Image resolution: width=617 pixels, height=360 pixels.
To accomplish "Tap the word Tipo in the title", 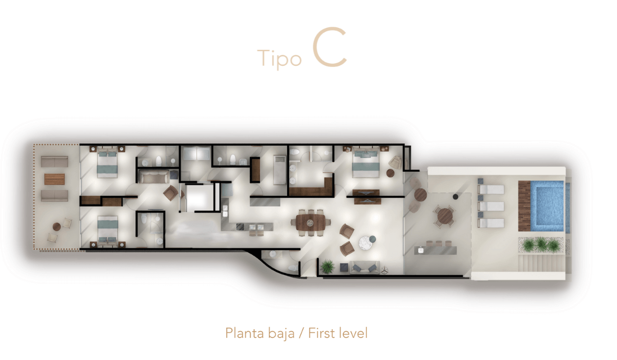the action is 279,59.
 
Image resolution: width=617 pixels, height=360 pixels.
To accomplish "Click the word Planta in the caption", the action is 245,333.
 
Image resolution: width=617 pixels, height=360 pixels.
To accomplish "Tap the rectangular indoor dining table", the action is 311,223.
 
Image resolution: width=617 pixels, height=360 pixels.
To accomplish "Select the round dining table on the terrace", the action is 445,216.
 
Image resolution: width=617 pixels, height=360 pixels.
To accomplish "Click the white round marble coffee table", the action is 366,243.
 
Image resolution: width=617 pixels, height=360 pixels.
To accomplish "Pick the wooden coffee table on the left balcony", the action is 55,179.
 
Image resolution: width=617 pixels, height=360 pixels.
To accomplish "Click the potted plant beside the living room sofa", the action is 327,266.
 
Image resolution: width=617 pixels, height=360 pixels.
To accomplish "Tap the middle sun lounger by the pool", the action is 491,206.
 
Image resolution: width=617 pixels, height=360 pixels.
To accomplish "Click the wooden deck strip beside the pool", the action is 524,206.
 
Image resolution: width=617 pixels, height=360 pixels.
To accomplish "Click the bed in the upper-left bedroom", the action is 107,162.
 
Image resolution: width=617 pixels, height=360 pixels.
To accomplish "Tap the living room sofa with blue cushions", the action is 365,267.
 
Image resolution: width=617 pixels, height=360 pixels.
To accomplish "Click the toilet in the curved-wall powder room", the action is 293,268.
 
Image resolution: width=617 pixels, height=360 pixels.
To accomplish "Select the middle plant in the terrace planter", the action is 540,244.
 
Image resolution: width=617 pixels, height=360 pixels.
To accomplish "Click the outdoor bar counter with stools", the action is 435,250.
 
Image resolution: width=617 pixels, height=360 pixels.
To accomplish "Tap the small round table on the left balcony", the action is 57,227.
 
